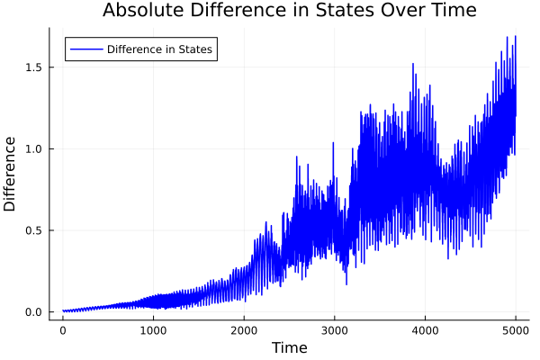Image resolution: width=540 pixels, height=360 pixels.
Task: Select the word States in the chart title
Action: tap(342, 11)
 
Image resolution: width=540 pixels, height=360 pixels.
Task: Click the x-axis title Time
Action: tap(289, 348)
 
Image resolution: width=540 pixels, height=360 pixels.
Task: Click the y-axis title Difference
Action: tap(11, 174)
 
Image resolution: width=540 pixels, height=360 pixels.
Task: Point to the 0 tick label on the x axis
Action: tap(63, 330)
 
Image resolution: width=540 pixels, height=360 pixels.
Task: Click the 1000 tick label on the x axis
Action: tap(153, 330)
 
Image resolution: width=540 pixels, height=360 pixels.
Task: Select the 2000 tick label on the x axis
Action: tap(244, 330)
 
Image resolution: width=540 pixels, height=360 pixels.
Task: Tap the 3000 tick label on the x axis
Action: tap(334, 330)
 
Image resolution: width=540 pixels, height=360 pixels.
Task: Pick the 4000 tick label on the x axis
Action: tap(425, 330)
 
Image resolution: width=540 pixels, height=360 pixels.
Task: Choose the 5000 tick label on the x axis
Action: tap(515, 330)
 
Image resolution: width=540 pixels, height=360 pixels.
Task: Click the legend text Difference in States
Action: tap(159, 49)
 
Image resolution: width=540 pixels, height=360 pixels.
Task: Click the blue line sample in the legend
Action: tap(85, 49)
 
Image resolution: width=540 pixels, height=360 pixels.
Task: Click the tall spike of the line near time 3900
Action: tap(413, 64)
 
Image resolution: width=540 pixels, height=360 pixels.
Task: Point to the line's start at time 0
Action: tap(63, 311)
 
